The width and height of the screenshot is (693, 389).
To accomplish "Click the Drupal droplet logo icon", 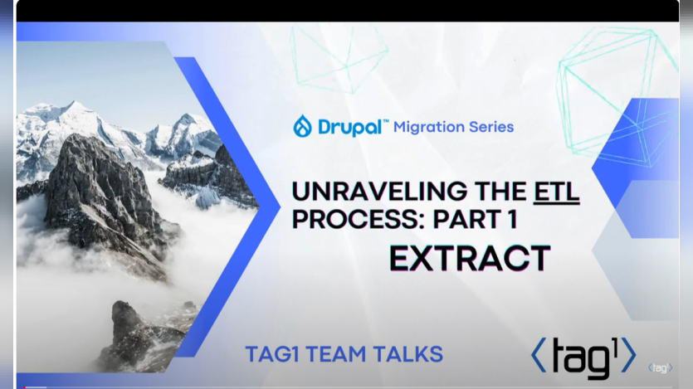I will click(x=302, y=126).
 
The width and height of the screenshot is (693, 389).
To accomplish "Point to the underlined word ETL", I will click(x=556, y=192).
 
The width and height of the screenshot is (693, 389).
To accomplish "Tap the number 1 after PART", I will click(x=511, y=220).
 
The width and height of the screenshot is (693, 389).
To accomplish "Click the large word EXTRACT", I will click(x=470, y=259).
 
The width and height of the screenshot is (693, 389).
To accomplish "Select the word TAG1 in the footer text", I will click(x=272, y=354).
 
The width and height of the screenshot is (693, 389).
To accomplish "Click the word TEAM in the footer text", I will click(x=339, y=354).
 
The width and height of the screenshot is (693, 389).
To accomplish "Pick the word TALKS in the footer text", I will click(x=409, y=354).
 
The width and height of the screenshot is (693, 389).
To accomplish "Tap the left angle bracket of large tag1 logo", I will click(x=539, y=355).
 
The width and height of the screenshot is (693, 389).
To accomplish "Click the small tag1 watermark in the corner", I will click(x=660, y=367).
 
